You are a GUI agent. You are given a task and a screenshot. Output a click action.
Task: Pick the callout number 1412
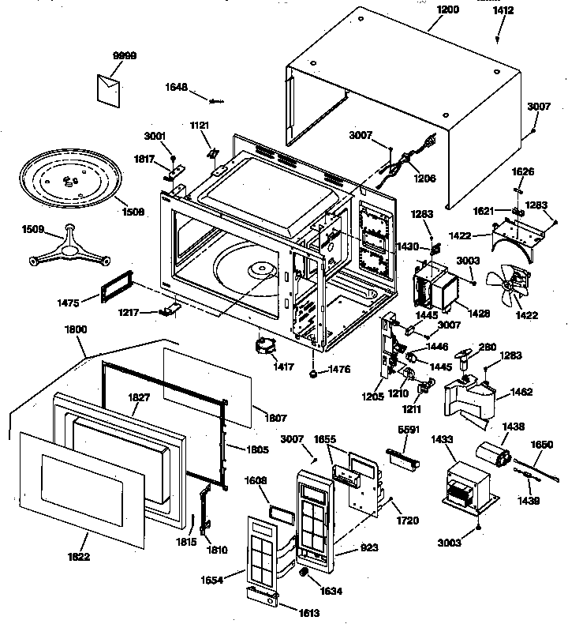(x=503, y=10)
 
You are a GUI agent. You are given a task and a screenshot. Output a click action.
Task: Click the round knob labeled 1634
(x=302, y=573)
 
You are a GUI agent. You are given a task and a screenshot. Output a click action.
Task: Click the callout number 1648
(x=176, y=87)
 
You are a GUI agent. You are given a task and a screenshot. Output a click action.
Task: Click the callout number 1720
(x=409, y=521)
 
